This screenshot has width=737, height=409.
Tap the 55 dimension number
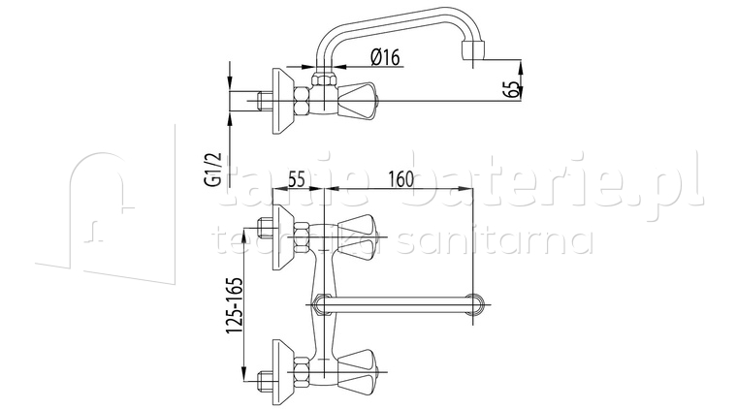click(x=297, y=179)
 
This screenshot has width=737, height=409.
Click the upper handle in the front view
click(x=364, y=231)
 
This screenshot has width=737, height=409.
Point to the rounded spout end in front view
click(x=475, y=304)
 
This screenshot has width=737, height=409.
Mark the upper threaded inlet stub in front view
click(x=265, y=231)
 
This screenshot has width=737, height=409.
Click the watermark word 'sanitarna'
click(x=514, y=241)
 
